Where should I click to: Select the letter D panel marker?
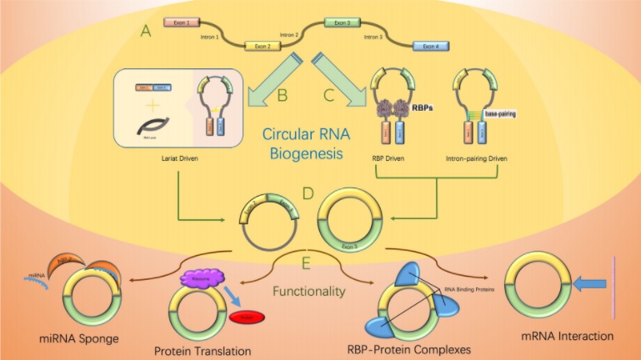coord(308,197)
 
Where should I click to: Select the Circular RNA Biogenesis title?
coord(305,142)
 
